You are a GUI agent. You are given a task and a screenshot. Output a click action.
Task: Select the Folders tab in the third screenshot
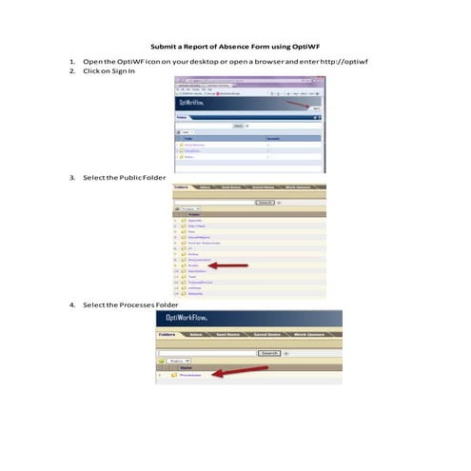(x=167, y=336)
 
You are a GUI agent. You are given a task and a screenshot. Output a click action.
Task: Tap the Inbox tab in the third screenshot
(x=197, y=336)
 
